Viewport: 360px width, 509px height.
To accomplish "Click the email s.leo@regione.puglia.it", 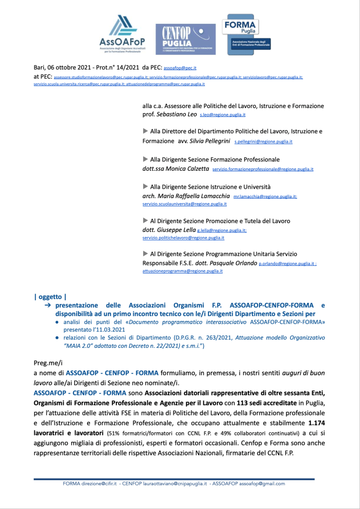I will point(223,115).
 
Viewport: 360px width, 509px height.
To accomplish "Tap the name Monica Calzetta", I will point(184,169).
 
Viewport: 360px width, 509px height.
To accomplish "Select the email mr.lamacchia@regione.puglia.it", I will point(265,197).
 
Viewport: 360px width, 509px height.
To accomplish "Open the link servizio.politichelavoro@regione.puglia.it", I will point(183,238).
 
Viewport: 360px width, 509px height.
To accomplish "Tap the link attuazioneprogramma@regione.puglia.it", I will point(182,271).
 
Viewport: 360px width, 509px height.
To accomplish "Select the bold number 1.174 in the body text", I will point(315,422).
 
